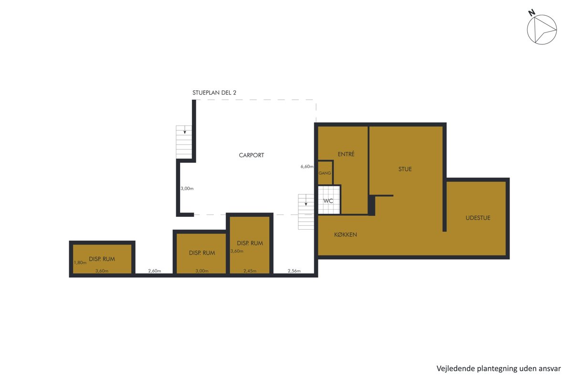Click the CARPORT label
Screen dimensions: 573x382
[x=251, y=155]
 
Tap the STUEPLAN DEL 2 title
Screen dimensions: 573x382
[x=214, y=93]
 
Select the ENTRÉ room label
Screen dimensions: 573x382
[x=346, y=154]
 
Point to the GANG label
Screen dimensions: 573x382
[x=325, y=173]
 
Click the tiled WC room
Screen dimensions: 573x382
[x=329, y=200]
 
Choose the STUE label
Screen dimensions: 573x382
[x=405, y=169]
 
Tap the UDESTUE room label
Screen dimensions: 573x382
[x=478, y=218]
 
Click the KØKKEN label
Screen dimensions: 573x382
[x=345, y=234]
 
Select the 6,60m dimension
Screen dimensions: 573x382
[x=307, y=167]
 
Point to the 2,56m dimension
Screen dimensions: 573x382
[x=294, y=271]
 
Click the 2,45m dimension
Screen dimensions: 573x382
[x=250, y=271]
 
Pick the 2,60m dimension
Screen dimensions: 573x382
[x=155, y=271]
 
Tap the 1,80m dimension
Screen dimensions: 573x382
[x=80, y=263]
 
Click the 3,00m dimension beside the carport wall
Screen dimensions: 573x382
[x=187, y=189]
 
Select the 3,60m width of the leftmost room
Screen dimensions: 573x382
[x=102, y=271]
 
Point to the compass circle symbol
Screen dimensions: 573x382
[x=542, y=30]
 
